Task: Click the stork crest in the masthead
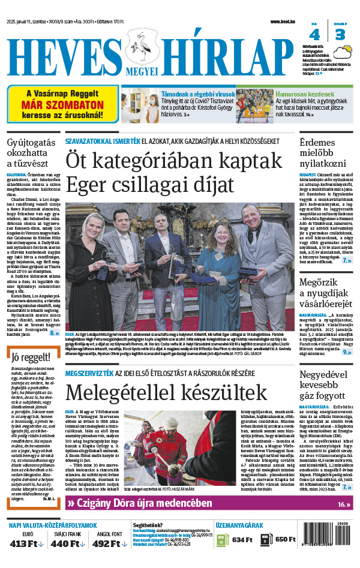(142, 51)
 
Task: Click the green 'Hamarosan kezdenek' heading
(305, 94)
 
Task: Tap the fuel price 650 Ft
(285, 539)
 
